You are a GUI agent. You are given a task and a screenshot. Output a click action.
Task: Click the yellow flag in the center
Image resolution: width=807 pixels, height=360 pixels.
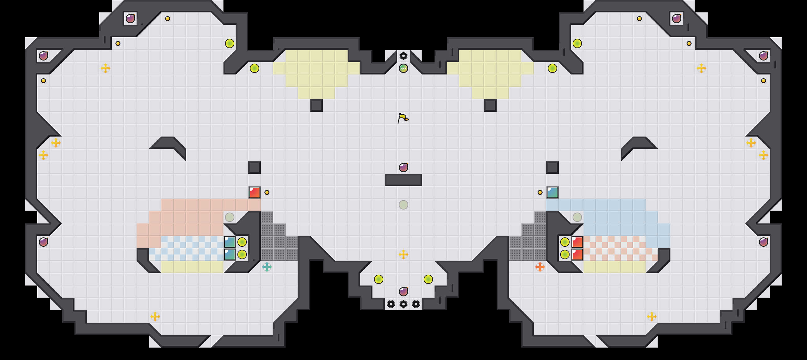(x=403, y=118)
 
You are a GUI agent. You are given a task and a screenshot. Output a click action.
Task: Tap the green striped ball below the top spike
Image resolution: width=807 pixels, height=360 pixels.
(x=403, y=68)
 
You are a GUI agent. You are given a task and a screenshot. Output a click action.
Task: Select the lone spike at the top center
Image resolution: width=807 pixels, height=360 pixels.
(x=403, y=56)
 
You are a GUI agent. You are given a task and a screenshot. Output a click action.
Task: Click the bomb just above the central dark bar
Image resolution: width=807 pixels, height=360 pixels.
(x=403, y=167)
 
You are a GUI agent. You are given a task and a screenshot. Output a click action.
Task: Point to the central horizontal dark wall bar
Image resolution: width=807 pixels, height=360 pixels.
(x=403, y=180)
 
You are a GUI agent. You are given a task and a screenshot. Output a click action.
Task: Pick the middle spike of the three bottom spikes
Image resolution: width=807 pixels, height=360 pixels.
(x=403, y=304)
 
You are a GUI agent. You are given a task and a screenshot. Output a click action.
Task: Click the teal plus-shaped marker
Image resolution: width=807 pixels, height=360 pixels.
(x=267, y=267)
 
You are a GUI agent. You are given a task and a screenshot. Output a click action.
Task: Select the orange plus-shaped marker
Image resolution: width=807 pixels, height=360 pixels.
(x=540, y=267)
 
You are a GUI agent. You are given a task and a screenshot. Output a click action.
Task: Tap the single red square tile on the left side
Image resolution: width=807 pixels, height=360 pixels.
(x=255, y=192)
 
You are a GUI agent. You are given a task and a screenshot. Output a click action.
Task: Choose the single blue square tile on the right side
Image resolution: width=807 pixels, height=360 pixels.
(x=552, y=192)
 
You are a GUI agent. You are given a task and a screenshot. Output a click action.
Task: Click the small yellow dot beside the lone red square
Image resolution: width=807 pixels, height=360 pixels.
(x=267, y=192)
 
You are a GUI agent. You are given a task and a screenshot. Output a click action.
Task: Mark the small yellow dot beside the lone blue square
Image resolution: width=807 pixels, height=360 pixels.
(x=540, y=192)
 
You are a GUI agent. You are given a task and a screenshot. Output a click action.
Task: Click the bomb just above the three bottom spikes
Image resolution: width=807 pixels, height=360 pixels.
(x=403, y=291)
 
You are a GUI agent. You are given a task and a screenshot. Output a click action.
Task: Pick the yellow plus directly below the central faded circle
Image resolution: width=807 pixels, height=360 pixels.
(x=403, y=254)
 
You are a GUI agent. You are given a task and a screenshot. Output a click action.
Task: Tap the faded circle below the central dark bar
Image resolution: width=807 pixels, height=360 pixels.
(x=403, y=205)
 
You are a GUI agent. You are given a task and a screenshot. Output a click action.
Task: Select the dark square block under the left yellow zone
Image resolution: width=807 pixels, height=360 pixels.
(x=316, y=105)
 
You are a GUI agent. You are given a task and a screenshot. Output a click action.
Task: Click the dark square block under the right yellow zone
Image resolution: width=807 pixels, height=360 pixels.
(x=490, y=105)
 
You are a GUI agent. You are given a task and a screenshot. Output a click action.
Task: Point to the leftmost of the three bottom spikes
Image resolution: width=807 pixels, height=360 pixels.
(x=391, y=304)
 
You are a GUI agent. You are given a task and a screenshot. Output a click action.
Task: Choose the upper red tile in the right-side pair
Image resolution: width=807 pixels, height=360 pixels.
(x=577, y=242)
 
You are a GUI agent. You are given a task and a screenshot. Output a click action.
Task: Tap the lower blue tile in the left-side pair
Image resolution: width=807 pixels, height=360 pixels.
(x=230, y=254)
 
